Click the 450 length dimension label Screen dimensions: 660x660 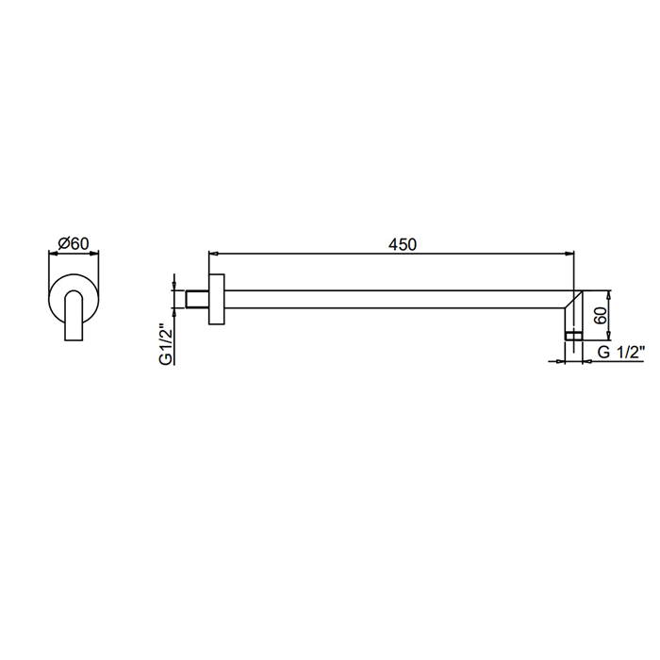[403, 244]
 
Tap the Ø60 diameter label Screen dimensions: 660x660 [74, 243]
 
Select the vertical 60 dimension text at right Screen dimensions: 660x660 [601, 315]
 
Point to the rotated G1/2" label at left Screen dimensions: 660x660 [166, 344]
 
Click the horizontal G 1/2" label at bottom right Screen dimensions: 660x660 [621, 352]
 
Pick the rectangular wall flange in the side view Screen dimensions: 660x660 [217, 299]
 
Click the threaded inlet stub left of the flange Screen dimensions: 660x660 [197, 299]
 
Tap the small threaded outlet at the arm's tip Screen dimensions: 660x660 [573, 336]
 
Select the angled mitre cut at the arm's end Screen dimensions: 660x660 [573, 299]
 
